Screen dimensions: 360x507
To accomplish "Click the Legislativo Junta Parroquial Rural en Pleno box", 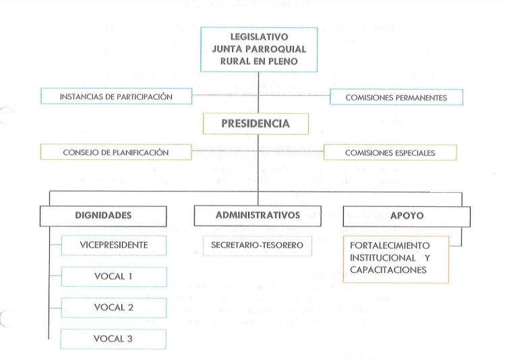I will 259,49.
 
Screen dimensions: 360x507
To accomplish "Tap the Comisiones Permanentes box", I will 396,98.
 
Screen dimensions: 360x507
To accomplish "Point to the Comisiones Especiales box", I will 390,153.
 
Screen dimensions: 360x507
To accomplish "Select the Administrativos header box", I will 258,216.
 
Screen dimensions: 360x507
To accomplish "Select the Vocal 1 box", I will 113,276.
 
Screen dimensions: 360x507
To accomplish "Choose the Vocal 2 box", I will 113,307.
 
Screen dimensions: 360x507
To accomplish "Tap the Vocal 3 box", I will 113,338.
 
